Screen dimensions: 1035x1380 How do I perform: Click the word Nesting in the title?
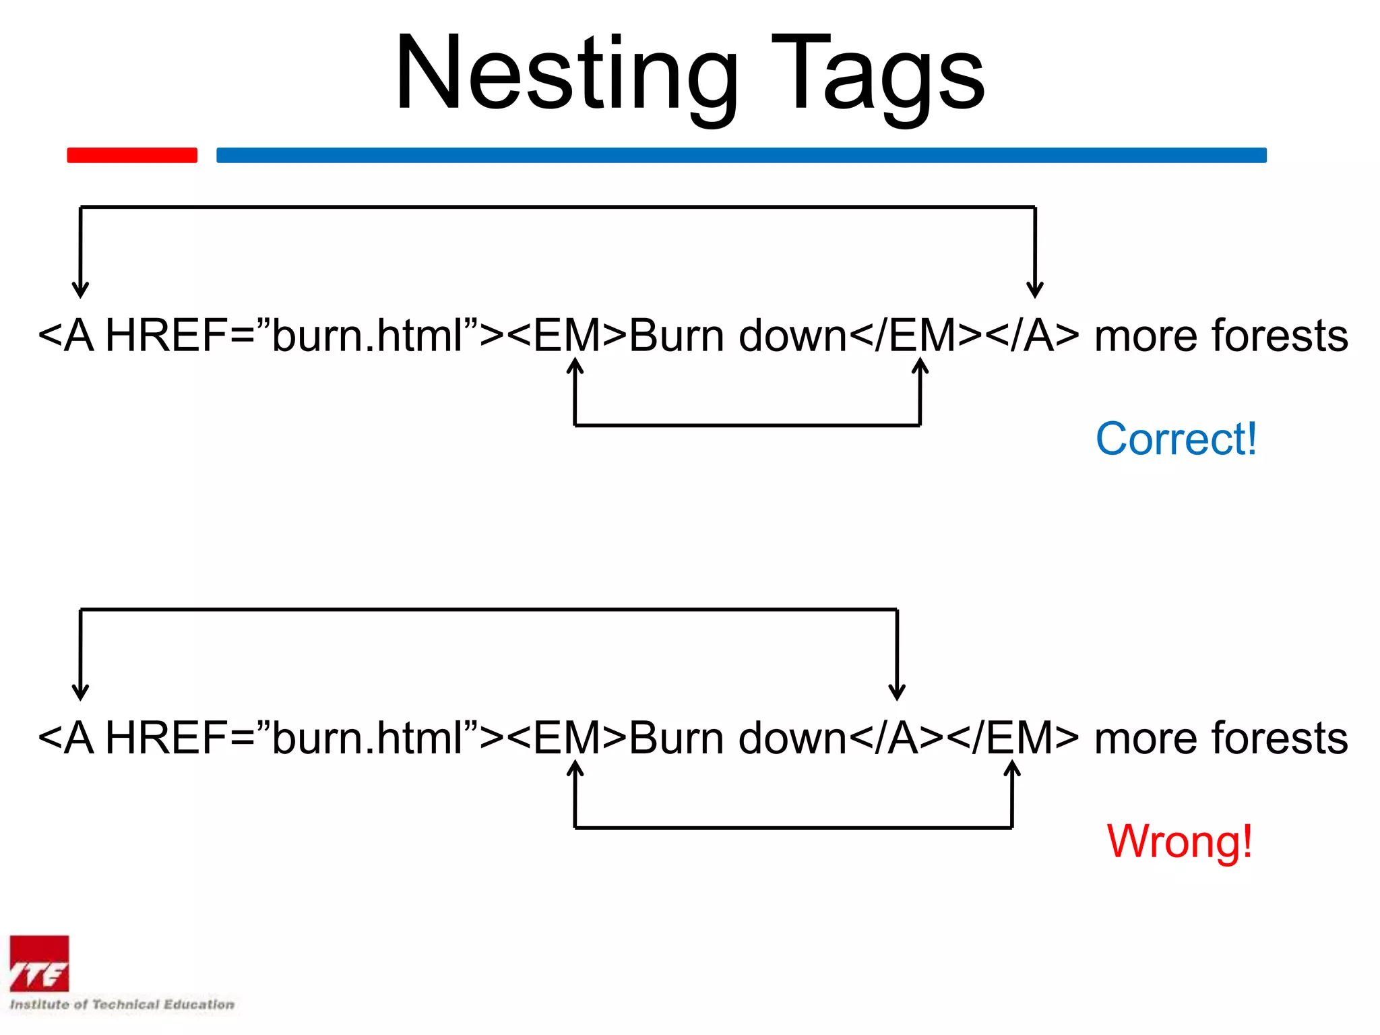(x=566, y=74)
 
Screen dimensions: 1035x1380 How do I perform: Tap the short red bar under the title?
(x=132, y=155)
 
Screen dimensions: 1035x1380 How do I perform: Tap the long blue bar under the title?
(x=741, y=155)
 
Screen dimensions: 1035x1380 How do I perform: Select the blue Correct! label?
(x=1176, y=439)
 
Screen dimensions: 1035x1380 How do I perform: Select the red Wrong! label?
(x=1179, y=841)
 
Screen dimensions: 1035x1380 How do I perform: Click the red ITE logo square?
(x=39, y=964)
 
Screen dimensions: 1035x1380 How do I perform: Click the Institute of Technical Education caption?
(x=122, y=1004)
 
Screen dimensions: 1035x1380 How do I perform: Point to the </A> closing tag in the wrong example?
(x=896, y=738)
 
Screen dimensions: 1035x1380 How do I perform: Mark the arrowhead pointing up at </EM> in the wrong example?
(x=1012, y=767)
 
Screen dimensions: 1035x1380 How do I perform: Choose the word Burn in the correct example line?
(x=677, y=336)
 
